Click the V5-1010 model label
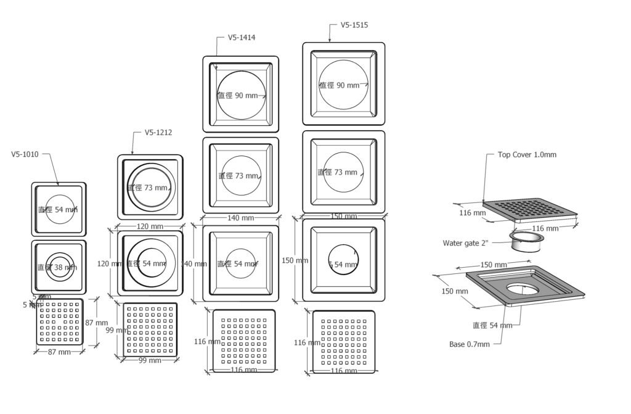click(x=25, y=154)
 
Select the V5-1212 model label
click(x=158, y=132)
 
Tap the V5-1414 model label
click(x=242, y=37)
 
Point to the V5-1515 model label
click(x=354, y=25)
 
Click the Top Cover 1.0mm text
click(x=527, y=154)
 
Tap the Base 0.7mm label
click(x=470, y=344)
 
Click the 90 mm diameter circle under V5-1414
click(x=241, y=95)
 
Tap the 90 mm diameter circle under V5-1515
click(x=343, y=85)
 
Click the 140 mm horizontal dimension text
click(x=240, y=218)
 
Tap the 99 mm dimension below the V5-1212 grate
click(x=150, y=360)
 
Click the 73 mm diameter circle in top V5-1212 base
click(x=150, y=187)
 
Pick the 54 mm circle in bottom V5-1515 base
click(x=343, y=264)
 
